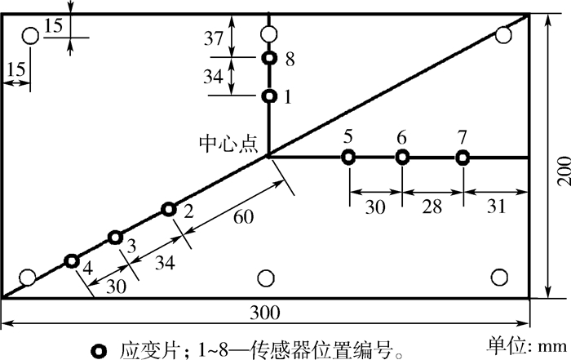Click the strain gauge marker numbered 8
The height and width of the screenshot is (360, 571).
268,58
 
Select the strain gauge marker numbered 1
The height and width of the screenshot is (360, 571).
268,96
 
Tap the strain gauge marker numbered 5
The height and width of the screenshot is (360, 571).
348,158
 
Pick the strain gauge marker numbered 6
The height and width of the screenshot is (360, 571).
401,158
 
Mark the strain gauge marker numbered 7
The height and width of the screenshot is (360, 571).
463,158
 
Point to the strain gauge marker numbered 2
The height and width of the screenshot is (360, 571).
168,210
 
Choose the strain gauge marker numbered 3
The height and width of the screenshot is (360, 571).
115,238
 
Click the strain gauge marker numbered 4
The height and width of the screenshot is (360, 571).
71,261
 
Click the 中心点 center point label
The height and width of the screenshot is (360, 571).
228,144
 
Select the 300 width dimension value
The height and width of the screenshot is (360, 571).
264,313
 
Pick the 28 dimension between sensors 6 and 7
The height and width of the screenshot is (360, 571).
432,208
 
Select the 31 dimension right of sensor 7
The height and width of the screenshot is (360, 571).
495,208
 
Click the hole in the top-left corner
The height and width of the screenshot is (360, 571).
30,36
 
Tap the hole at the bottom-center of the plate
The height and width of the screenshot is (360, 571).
264,278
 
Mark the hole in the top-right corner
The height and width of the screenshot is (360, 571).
503,34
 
